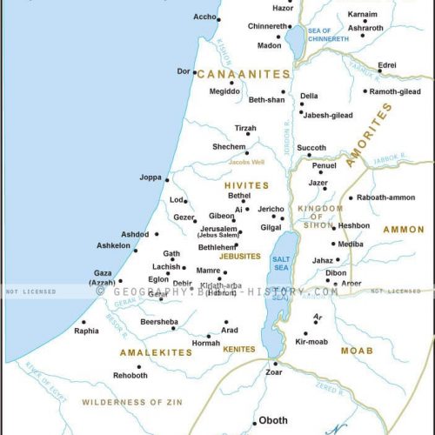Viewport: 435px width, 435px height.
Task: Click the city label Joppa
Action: [x=150, y=177]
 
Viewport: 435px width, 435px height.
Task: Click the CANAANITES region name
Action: [x=243, y=75]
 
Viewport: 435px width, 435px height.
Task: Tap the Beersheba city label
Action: [x=159, y=321]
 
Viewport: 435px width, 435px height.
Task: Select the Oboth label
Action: [x=272, y=420]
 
